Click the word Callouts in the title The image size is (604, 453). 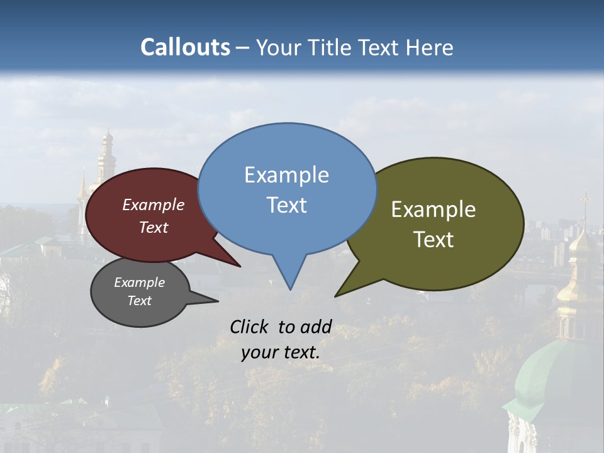(x=185, y=47)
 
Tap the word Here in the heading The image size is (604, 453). (x=430, y=48)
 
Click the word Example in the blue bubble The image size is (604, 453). (x=286, y=175)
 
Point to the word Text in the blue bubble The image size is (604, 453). (x=286, y=205)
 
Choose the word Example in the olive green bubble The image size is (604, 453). (x=433, y=210)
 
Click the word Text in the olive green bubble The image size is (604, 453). (x=433, y=240)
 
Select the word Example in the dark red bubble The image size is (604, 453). (x=154, y=205)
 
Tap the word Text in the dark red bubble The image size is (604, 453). (x=154, y=227)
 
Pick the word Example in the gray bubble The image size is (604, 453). (x=139, y=282)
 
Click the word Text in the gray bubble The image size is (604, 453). (x=139, y=301)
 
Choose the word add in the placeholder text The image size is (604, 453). (x=316, y=327)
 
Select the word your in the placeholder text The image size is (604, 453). (x=258, y=352)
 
